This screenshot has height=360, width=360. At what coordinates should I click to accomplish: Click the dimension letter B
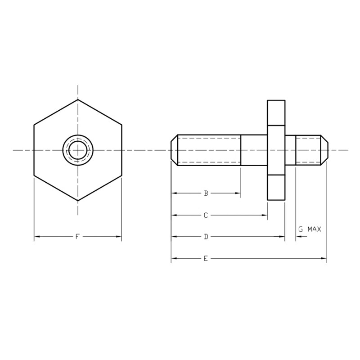(206, 193)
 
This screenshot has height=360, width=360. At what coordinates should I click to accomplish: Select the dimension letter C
(206, 216)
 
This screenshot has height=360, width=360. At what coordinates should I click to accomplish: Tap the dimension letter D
(206, 237)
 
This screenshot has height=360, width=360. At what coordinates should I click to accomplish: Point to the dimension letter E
(206, 258)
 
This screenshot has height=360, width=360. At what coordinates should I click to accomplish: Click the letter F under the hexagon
(77, 237)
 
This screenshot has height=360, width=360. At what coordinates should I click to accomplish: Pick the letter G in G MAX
(300, 229)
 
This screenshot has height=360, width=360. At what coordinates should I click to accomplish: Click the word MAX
(314, 229)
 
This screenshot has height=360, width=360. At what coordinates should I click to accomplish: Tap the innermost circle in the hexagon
(78, 150)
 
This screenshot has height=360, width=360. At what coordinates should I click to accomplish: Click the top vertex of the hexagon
(78, 99)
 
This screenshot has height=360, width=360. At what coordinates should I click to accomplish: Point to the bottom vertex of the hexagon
(78, 201)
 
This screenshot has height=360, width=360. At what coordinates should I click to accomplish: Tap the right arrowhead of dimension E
(324, 258)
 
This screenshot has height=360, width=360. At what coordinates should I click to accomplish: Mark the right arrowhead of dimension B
(238, 193)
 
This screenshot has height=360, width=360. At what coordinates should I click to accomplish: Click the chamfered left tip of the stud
(174, 150)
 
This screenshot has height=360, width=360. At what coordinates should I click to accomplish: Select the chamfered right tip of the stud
(324, 150)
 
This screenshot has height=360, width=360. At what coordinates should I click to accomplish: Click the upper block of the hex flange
(276, 112)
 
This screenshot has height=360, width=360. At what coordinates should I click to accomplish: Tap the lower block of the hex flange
(276, 188)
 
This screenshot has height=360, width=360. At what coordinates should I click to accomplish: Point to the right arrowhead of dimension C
(265, 216)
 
